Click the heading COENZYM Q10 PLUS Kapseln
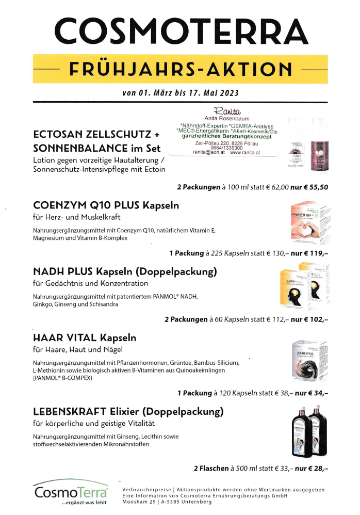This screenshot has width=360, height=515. click(x=106, y=205)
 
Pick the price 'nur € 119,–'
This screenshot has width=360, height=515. click(x=309, y=253)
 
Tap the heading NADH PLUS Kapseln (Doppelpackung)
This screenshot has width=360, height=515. click(x=125, y=271)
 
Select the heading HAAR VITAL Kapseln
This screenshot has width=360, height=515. click(x=85, y=338)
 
